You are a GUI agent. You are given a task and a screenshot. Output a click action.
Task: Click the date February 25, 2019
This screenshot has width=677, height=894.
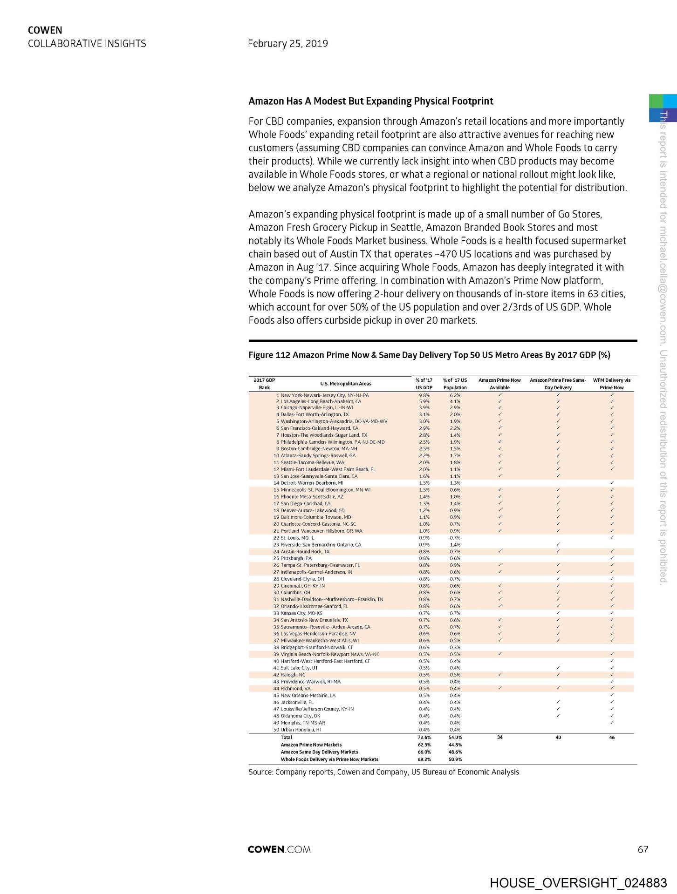pos(287,44)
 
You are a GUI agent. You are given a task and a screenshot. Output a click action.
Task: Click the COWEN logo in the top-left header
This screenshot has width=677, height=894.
pos(45,30)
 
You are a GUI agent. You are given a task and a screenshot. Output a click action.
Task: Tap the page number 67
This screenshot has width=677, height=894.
pos(643,850)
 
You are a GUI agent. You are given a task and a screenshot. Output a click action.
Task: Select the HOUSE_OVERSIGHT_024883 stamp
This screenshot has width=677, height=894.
pos(578,883)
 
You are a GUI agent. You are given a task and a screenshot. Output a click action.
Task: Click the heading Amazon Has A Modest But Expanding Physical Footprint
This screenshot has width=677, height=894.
pos(370,101)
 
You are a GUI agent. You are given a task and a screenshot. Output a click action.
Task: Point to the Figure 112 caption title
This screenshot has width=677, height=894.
pos(429,355)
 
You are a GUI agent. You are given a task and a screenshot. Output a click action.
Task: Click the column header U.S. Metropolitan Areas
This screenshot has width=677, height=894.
pos(345,384)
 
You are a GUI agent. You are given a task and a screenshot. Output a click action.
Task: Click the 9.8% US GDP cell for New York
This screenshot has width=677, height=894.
pos(424,395)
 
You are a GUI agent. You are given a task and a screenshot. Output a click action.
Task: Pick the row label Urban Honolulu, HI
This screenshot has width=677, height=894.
pos(301,730)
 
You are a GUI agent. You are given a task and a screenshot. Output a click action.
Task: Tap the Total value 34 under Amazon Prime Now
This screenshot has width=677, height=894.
pos(499,738)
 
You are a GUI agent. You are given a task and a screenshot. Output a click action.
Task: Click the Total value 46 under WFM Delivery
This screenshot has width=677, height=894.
pos(611,738)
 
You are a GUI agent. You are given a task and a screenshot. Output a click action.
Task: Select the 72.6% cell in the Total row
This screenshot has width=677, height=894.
pos(424,738)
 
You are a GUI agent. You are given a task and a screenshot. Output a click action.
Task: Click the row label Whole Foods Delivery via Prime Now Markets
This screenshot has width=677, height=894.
pos(329,759)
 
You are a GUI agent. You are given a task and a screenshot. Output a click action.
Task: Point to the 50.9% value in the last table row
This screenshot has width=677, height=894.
pos(455,759)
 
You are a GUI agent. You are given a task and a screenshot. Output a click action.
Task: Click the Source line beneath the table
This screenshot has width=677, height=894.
pos(383,772)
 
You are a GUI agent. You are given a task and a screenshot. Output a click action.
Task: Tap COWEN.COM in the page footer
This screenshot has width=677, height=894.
pos(279,849)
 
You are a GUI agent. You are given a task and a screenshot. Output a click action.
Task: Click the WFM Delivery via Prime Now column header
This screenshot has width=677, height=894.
pos(611,384)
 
